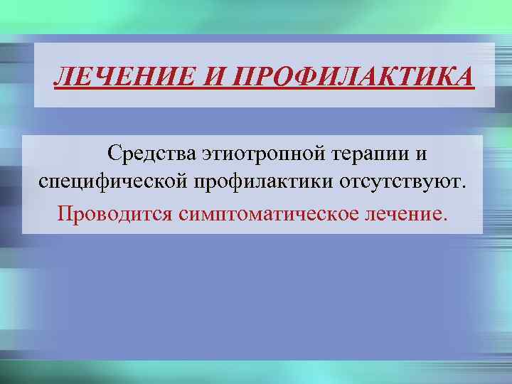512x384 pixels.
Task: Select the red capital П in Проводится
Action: (x=65, y=213)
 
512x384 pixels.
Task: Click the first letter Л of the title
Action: (x=63, y=75)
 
